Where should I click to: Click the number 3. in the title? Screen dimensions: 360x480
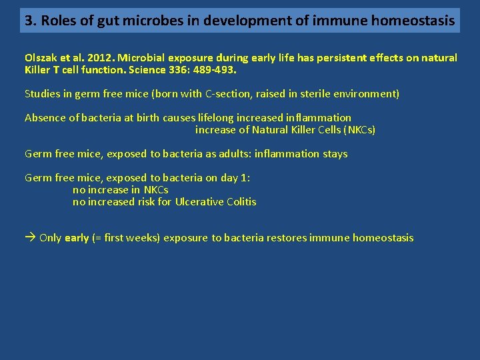click(x=30, y=21)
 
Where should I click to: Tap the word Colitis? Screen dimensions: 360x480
click(x=241, y=202)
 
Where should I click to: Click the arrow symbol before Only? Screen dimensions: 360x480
click(x=30, y=238)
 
